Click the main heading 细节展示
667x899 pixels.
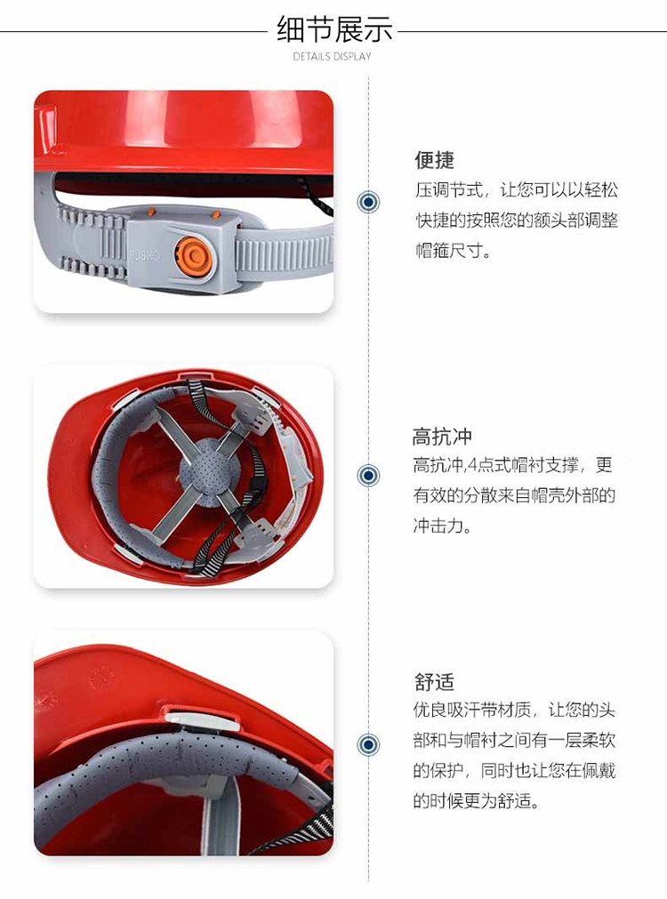[x=334, y=30]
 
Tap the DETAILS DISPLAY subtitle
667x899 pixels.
[x=332, y=56]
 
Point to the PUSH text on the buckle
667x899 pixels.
[x=145, y=256]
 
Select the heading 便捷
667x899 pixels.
[x=434, y=160]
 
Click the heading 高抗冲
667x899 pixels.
[x=442, y=437]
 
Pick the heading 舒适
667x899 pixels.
[x=434, y=682]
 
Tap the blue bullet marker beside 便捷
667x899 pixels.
[x=368, y=202]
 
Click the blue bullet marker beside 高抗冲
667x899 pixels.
[x=368, y=476]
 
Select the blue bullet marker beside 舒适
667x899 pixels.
[x=368, y=745]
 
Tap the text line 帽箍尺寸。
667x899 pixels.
[x=453, y=251]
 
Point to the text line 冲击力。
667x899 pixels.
[x=442, y=526]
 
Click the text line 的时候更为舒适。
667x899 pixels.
[x=477, y=799]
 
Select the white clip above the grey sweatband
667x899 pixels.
[x=202, y=720]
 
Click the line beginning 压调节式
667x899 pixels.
[x=516, y=189]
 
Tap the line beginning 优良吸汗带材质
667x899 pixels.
[x=514, y=710]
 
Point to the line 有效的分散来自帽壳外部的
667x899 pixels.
[x=514, y=494]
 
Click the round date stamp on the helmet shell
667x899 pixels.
[x=102, y=678]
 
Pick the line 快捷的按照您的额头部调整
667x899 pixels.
[x=516, y=221]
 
